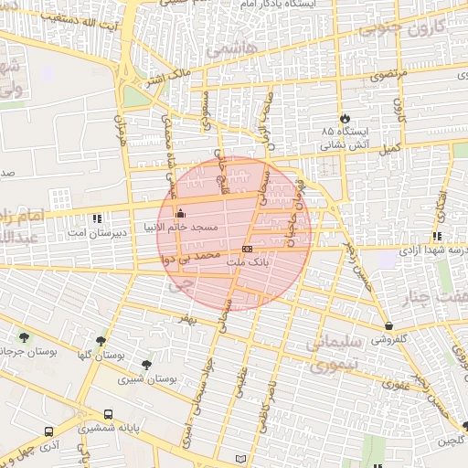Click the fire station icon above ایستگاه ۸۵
pyautogui.click(x=344, y=119)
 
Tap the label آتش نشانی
pyautogui.click(x=347, y=145)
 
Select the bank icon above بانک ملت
pyautogui.click(x=247, y=249)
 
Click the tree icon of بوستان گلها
pyautogui.click(x=100, y=340)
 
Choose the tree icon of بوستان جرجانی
pyautogui.click(x=22, y=337)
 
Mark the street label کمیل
pyautogui.click(x=390, y=147)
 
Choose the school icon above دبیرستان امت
pyautogui.click(x=99, y=218)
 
